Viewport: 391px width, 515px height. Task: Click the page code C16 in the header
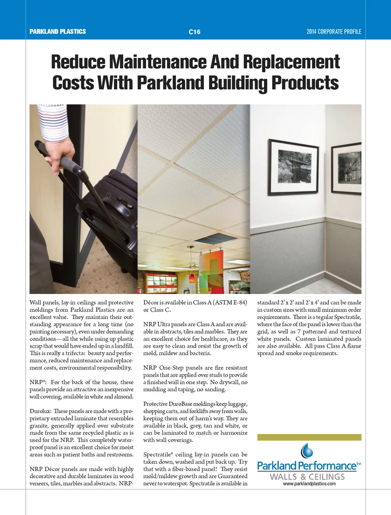(194, 32)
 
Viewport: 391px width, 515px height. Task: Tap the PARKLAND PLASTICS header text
(57, 31)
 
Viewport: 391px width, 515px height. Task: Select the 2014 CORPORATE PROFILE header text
(334, 31)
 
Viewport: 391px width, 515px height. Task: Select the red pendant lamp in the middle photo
(192, 278)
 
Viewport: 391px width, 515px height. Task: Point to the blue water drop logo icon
(307, 451)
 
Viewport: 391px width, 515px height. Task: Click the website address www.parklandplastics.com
(309, 484)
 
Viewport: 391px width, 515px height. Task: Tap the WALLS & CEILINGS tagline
(307, 476)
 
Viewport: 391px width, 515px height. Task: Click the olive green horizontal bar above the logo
(309, 437)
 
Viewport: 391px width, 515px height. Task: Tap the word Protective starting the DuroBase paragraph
(155, 404)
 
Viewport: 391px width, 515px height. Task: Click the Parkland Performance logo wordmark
(307, 466)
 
